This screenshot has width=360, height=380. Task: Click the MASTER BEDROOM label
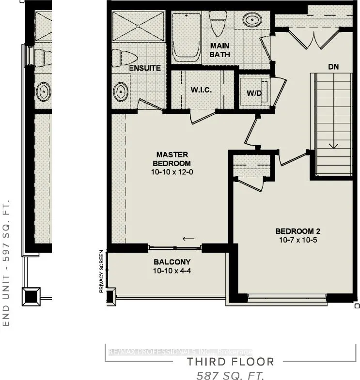(x=172, y=159)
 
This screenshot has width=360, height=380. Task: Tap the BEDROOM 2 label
(x=298, y=231)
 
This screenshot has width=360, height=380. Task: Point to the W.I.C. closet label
(x=201, y=90)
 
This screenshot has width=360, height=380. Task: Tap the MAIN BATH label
(x=219, y=50)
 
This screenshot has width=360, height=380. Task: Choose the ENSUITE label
(x=145, y=68)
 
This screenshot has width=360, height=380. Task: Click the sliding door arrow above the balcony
(x=188, y=238)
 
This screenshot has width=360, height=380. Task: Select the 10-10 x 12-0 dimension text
(x=172, y=172)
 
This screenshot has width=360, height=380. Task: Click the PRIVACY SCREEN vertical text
(x=101, y=271)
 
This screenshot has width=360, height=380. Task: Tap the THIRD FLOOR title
(x=231, y=362)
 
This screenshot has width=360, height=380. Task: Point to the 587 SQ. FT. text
(x=231, y=375)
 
